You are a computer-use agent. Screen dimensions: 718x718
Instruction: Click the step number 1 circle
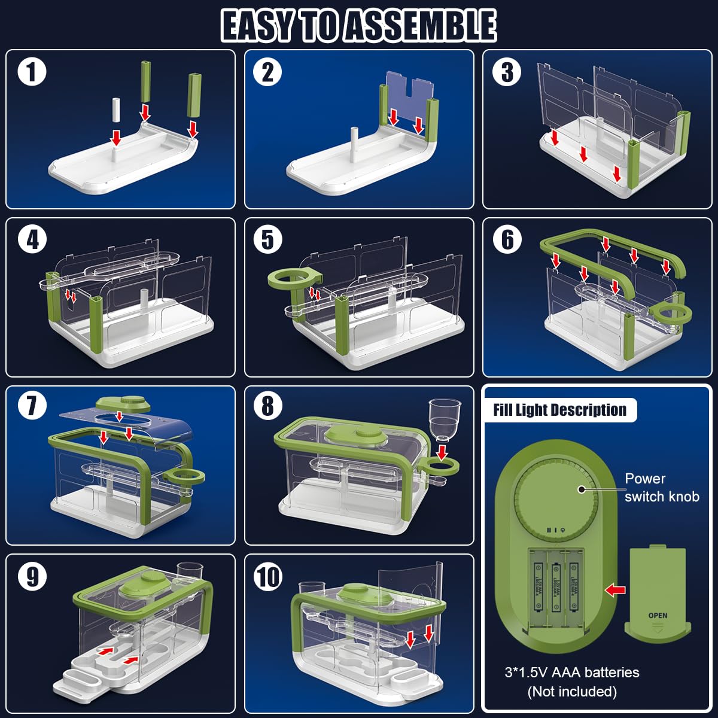(32, 72)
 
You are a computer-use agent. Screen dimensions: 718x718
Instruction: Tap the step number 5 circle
(267, 240)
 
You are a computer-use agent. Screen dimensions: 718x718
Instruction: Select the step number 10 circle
(268, 577)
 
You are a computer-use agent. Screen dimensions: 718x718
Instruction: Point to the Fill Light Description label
(559, 410)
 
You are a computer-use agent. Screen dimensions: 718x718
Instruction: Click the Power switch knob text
(661, 487)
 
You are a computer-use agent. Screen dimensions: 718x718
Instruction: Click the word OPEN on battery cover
(658, 615)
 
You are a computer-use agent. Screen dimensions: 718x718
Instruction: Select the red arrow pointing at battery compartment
(614, 590)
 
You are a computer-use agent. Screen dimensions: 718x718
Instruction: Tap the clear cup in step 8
(445, 419)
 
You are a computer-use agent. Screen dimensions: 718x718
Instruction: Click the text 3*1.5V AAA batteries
(571, 673)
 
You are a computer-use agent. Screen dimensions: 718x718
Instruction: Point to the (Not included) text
(571, 692)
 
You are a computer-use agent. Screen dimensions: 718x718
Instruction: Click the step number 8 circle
(267, 407)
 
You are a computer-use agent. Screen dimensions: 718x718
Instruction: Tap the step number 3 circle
(507, 72)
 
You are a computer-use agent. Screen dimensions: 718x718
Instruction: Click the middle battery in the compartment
(556, 587)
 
